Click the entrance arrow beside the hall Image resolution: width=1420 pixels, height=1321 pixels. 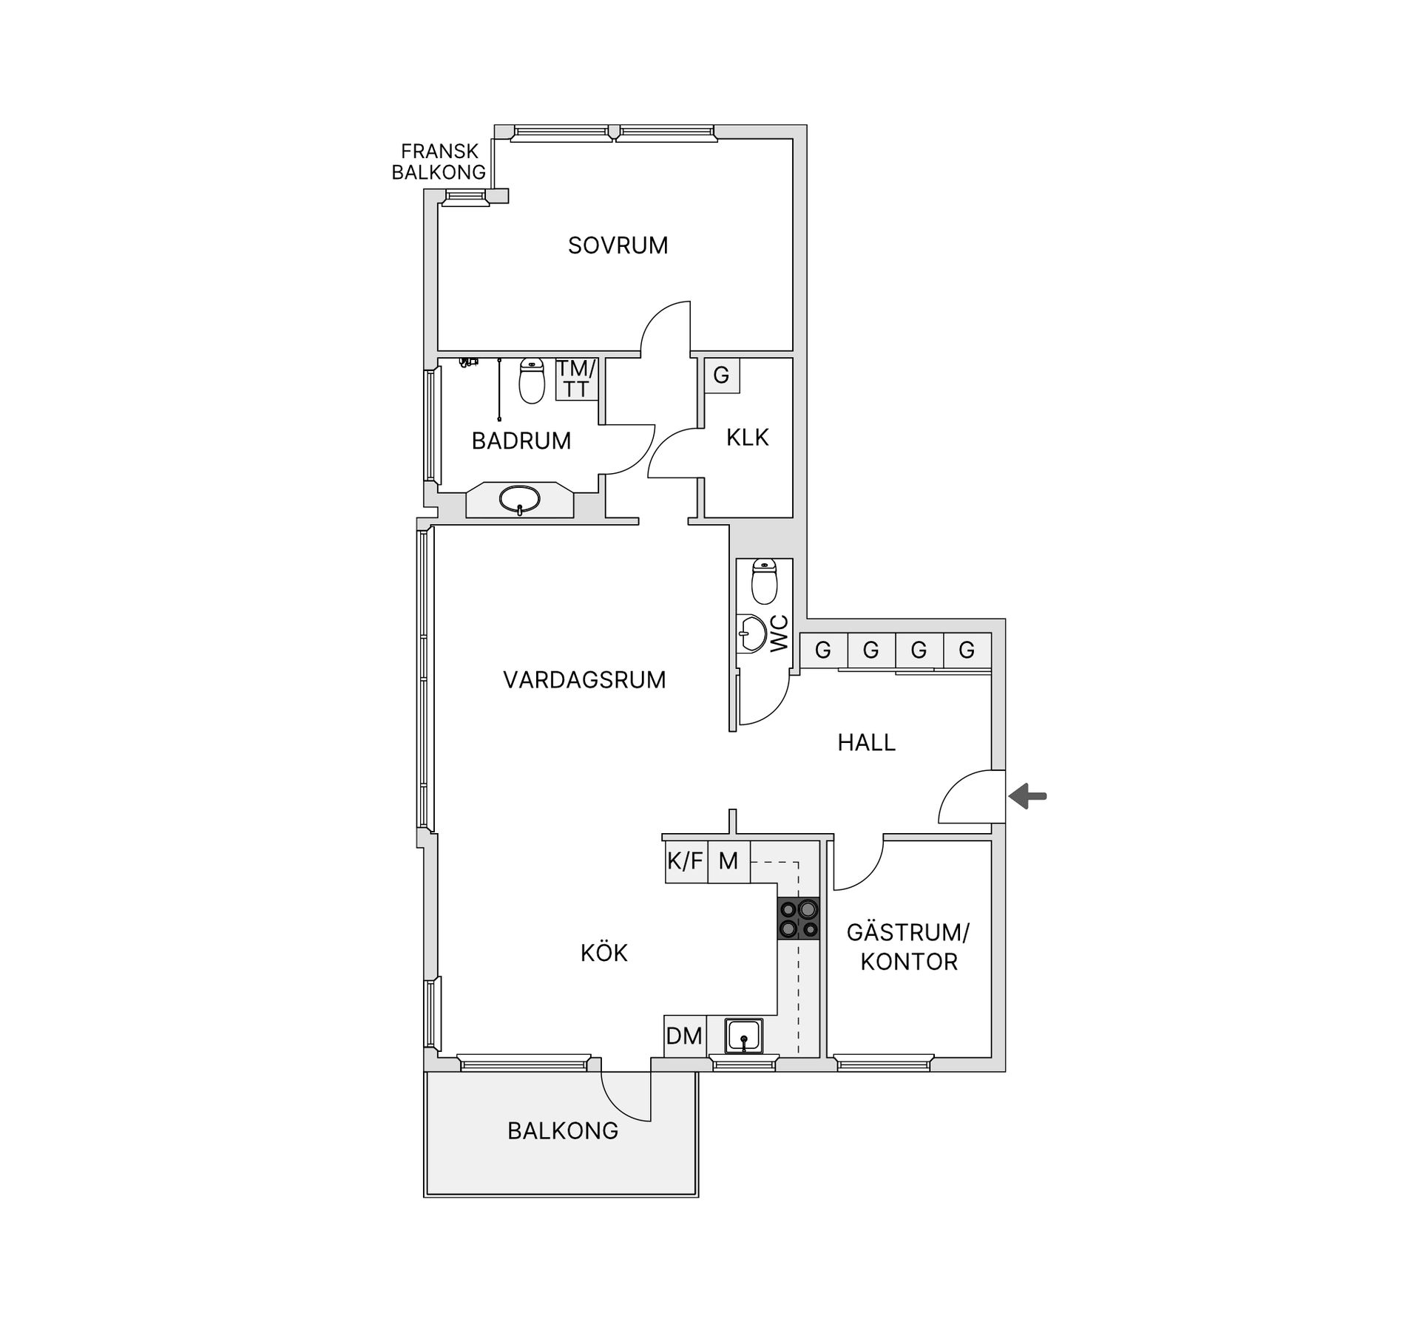pos(1029,796)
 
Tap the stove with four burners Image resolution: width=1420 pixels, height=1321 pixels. pos(799,919)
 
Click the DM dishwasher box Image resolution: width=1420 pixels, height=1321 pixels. pos(684,1036)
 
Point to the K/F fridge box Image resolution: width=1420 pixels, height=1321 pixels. pos(686,861)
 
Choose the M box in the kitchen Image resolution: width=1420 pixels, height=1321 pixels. pos(728,861)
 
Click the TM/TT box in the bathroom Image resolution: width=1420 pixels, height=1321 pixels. pos(576,378)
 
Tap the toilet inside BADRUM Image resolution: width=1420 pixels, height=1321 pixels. pos(532,381)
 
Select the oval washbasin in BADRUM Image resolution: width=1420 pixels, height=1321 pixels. pos(519,500)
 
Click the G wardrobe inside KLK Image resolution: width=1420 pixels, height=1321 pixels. pos(721,376)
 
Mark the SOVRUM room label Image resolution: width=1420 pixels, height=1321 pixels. pos(618,245)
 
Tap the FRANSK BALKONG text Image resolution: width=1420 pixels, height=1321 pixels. pos(439,162)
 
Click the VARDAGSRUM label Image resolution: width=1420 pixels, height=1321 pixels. pos(584,680)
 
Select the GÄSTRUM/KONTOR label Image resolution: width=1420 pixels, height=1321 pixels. pos(908,947)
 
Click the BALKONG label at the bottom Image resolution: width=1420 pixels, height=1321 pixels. pos(563,1130)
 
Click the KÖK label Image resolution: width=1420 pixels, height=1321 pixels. pos(604,954)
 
